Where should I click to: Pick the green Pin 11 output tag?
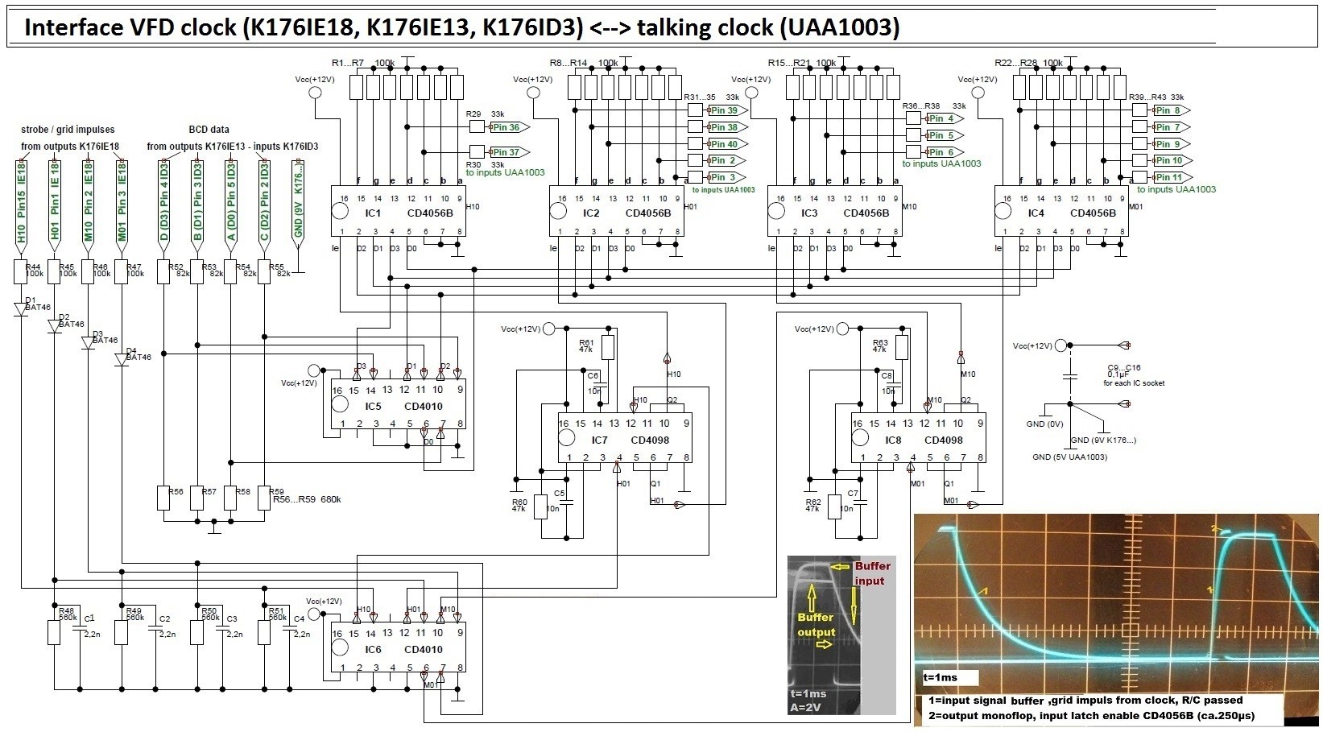click(x=1168, y=177)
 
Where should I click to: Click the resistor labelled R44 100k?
click(x=23, y=272)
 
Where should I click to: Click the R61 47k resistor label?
click(x=587, y=346)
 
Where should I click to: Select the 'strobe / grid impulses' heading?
click(x=68, y=129)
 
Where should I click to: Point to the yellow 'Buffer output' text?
click(x=817, y=624)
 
